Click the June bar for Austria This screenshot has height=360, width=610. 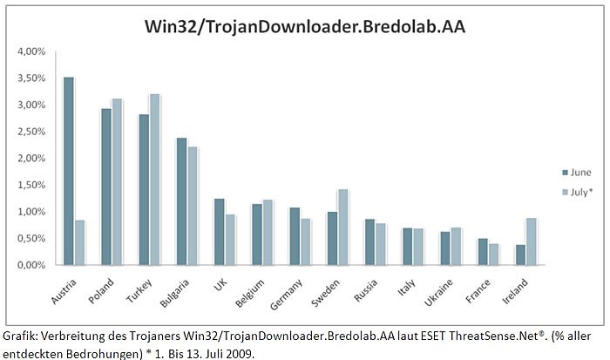(x=69, y=171)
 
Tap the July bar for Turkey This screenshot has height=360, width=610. (x=155, y=179)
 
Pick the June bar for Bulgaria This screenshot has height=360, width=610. (x=181, y=201)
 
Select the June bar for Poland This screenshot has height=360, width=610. (x=106, y=187)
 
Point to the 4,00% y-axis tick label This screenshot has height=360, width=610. (x=30, y=51)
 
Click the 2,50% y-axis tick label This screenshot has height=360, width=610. (x=30, y=132)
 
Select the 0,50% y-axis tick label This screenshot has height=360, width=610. (x=30, y=238)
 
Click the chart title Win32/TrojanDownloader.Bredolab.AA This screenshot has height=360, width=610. (x=304, y=25)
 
